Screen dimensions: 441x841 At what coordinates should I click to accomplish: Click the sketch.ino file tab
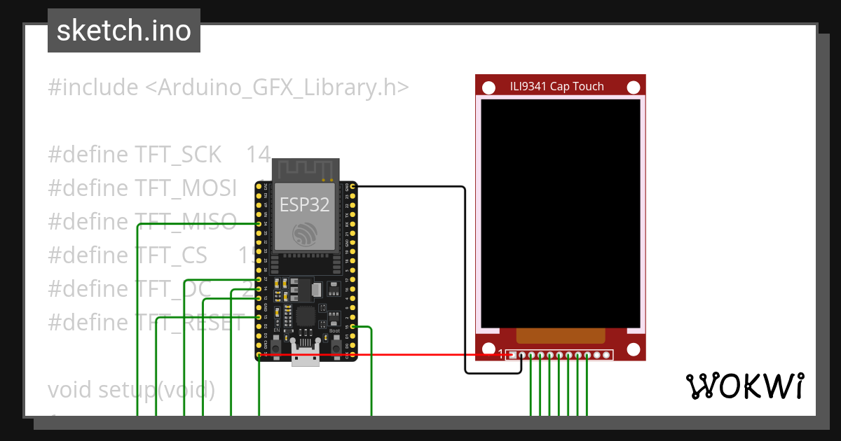[x=124, y=31]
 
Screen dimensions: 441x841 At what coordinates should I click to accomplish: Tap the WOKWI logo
[x=744, y=386]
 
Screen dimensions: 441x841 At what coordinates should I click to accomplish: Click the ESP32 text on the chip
[x=305, y=204]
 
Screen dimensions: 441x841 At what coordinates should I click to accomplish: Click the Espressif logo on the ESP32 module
[x=306, y=234]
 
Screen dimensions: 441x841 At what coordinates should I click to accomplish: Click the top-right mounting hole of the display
[x=634, y=87]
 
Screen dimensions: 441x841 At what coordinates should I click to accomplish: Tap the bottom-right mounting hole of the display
[x=634, y=349]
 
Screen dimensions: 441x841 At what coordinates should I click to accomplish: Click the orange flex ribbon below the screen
[x=561, y=335]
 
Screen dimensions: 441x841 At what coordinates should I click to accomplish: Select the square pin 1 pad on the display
[x=513, y=355]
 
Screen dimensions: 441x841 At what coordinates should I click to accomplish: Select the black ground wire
[x=465, y=280]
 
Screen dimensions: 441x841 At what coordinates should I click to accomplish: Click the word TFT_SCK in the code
[x=178, y=155]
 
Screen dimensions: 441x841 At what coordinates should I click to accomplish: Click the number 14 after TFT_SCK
[x=258, y=155]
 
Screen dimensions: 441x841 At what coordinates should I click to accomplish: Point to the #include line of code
[x=228, y=87]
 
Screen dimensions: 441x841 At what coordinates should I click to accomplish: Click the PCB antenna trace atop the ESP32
[x=306, y=169]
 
